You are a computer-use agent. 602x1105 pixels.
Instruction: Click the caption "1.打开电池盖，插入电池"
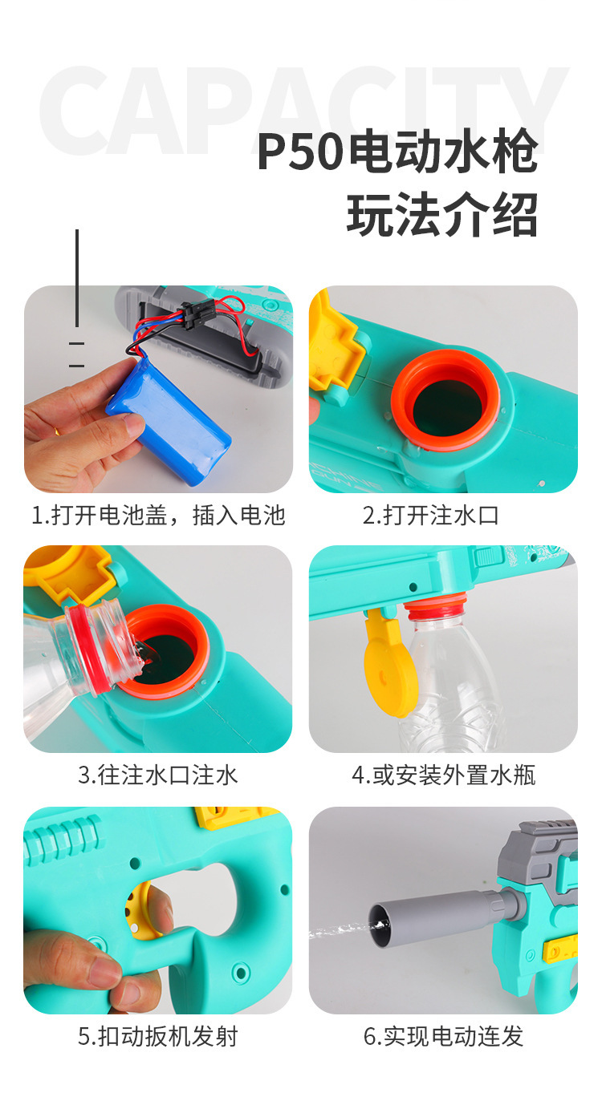pos(158,515)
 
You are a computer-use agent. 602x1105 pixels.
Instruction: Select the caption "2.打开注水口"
pos(430,515)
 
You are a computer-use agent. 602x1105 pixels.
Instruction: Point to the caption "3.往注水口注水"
pos(158,775)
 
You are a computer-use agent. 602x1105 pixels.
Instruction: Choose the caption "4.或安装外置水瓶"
pos(443,775)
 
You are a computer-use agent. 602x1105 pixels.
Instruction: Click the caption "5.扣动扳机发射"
pos(158,1036)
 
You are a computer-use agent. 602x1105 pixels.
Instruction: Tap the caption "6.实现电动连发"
pos(443,1036)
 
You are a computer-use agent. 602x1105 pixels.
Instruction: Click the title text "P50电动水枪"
pos(397,152)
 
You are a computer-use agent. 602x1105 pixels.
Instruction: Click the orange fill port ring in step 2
pos(445,399)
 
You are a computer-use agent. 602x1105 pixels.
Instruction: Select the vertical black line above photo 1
pos(77,277)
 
